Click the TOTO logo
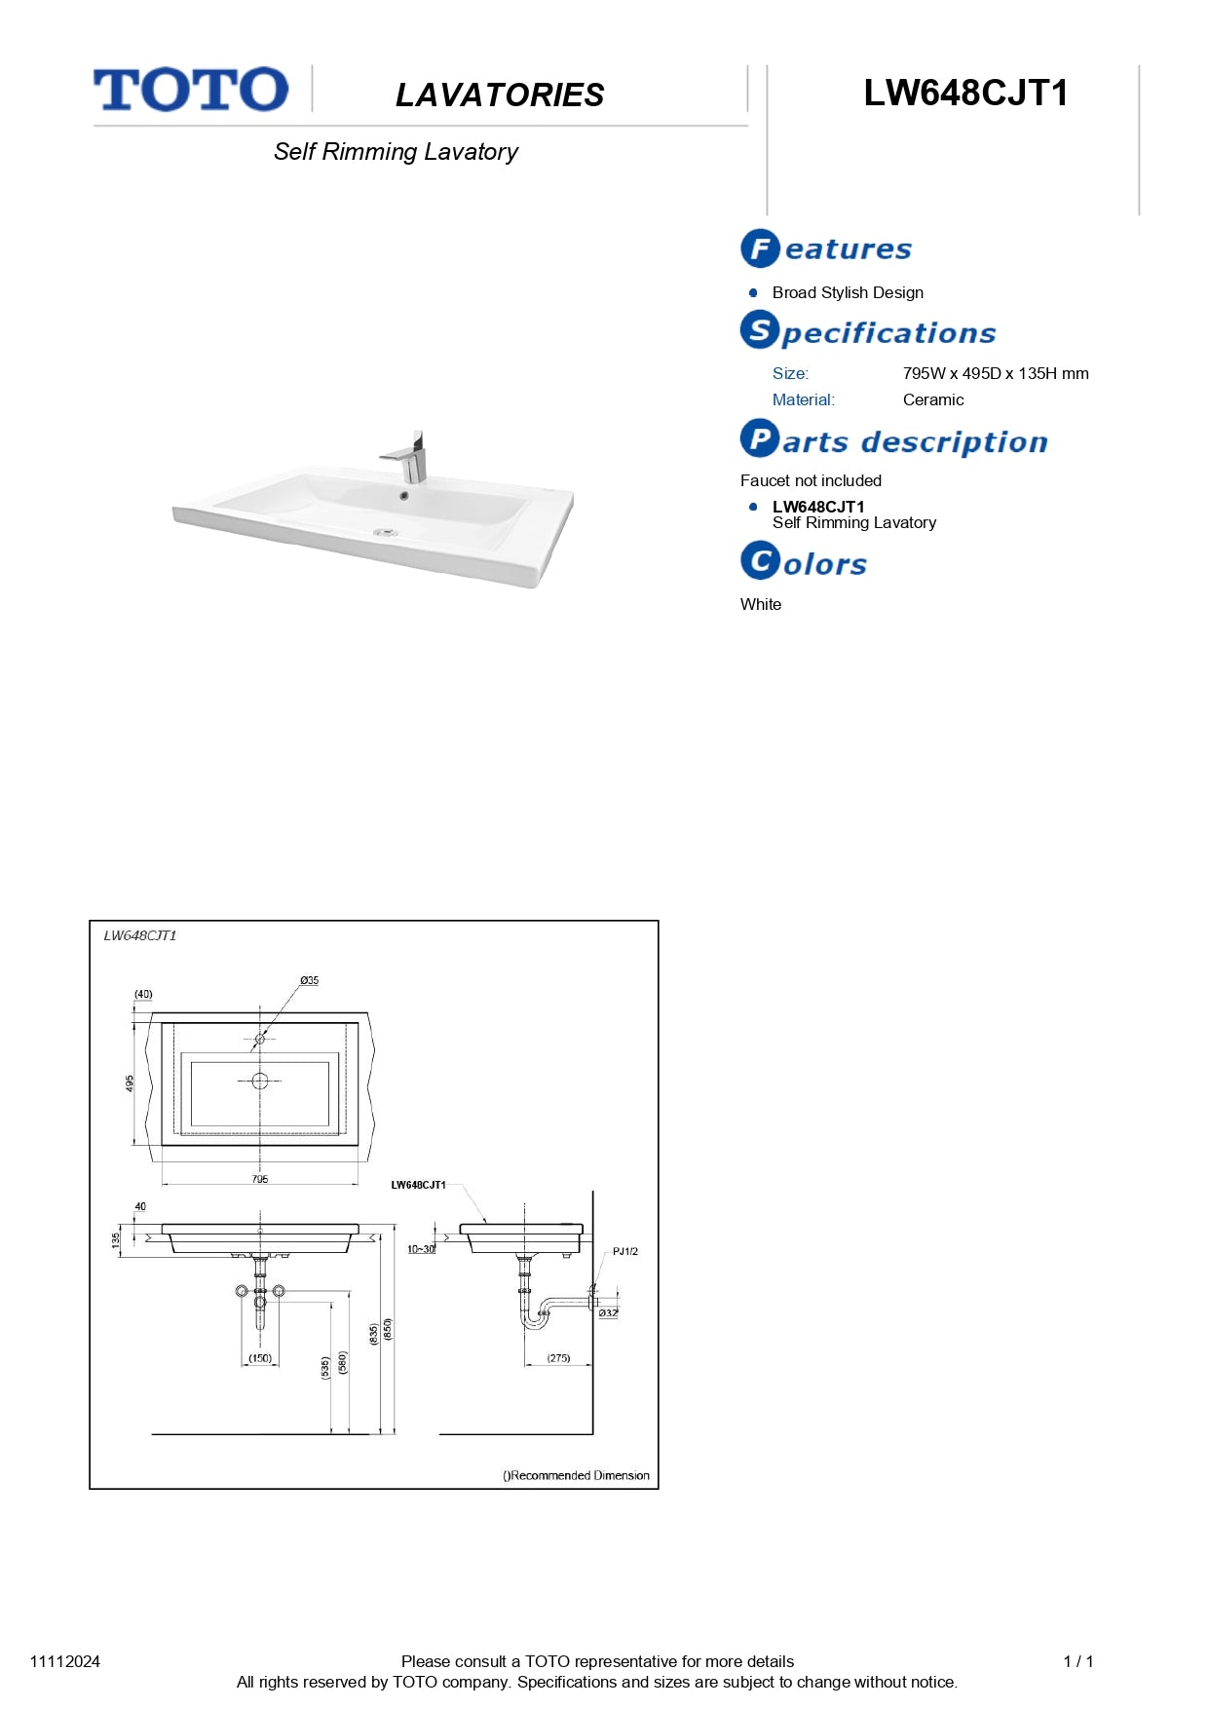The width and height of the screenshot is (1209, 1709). tap(191, 90)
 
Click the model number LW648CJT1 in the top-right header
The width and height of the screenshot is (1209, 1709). tap(965, 94)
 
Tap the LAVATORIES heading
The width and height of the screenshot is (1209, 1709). tap(500, 95)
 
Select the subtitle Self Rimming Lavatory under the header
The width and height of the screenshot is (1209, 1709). tap(396, 152)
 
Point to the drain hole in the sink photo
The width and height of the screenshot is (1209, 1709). tap(386, 533)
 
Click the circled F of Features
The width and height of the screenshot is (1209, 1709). tap(760, 248)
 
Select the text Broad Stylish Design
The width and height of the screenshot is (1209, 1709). tap(848, 292)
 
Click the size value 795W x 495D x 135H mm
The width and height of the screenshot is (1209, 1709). tap(995, 373)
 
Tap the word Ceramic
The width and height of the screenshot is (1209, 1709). tap(932, 399)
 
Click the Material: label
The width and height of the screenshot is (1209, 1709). tap(803, 399)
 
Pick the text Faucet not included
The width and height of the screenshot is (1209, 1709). tap(811, 480)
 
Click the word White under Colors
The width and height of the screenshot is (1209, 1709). tap(761, 604)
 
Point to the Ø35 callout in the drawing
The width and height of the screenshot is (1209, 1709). tap(309, 980)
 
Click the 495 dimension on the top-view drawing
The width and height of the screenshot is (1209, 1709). tap(130, 1083)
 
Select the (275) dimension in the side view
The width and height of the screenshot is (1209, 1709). tap(558, 1358)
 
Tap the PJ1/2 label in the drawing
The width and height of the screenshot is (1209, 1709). tap(624, 1251)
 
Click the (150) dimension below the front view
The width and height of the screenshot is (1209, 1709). tap(260, 1358)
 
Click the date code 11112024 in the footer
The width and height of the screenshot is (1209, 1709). tap(65, 1661)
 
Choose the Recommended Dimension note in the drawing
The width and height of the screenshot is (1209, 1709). tap(576, 1475)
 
